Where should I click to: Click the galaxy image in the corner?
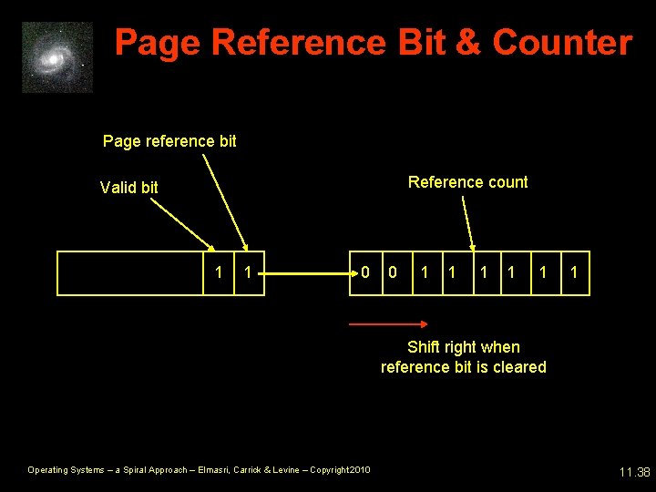tap(57, 57)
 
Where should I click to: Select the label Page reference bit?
tap(169, 140)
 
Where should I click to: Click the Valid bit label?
tap(128, 187)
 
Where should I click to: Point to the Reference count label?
tap(467, 182)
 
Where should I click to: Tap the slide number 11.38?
tap(633, 472)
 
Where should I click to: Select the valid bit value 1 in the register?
tap(217, 272)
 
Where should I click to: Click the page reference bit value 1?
tap(247, 272)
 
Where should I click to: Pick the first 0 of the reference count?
tap(365, 272)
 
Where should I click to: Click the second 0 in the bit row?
tap(393, 272)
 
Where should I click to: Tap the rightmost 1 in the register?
tap(574, 272)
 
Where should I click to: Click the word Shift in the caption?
tap(424, 347)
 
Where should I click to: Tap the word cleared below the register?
tap(517, 367)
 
